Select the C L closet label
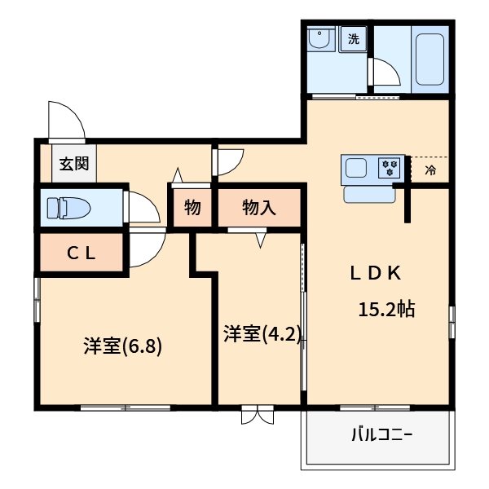coord(81,252)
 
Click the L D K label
coord(376,274)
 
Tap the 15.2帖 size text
coord(387,309)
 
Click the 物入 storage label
coord(259,208)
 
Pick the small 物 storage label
coord(192,208)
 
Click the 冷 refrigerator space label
coord(430,170)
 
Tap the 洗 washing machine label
coord(354,38)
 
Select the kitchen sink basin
coord(356,169)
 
